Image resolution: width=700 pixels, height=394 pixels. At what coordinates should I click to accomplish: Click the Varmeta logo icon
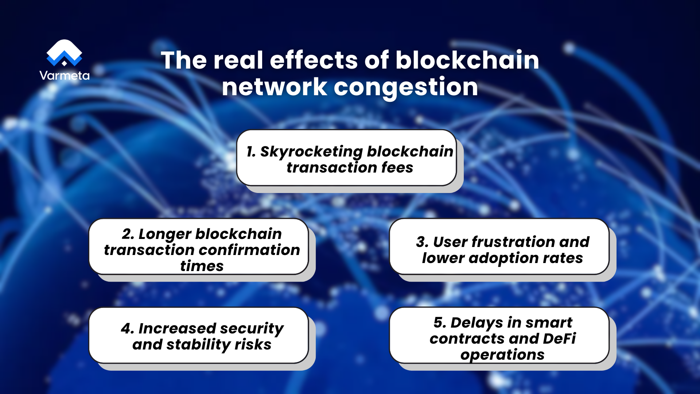[x=64, y=53]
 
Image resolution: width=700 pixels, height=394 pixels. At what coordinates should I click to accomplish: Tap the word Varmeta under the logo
[x=64, y=76]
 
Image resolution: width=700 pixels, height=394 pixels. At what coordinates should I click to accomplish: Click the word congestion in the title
[x=405, y=88]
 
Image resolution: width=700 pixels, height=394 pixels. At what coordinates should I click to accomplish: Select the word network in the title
[x=274, y=88]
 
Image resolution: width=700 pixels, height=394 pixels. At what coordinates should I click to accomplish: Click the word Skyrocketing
[x=311, y=152]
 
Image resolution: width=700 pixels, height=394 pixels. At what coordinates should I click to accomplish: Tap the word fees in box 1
[x=397, y=168]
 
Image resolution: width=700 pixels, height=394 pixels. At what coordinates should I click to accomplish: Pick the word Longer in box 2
[x=165, y=234]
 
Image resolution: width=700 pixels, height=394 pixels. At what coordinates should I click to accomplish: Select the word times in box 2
[x=202, y=266]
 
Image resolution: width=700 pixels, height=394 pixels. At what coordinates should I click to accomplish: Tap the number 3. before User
[x=422, y=242]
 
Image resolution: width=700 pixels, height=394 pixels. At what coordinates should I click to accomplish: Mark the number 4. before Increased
[x=127, y=329]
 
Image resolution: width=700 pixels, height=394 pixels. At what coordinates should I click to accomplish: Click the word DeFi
[x=559, y=339]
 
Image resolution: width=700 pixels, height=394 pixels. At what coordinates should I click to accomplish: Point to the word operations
[x=502, y=355]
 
